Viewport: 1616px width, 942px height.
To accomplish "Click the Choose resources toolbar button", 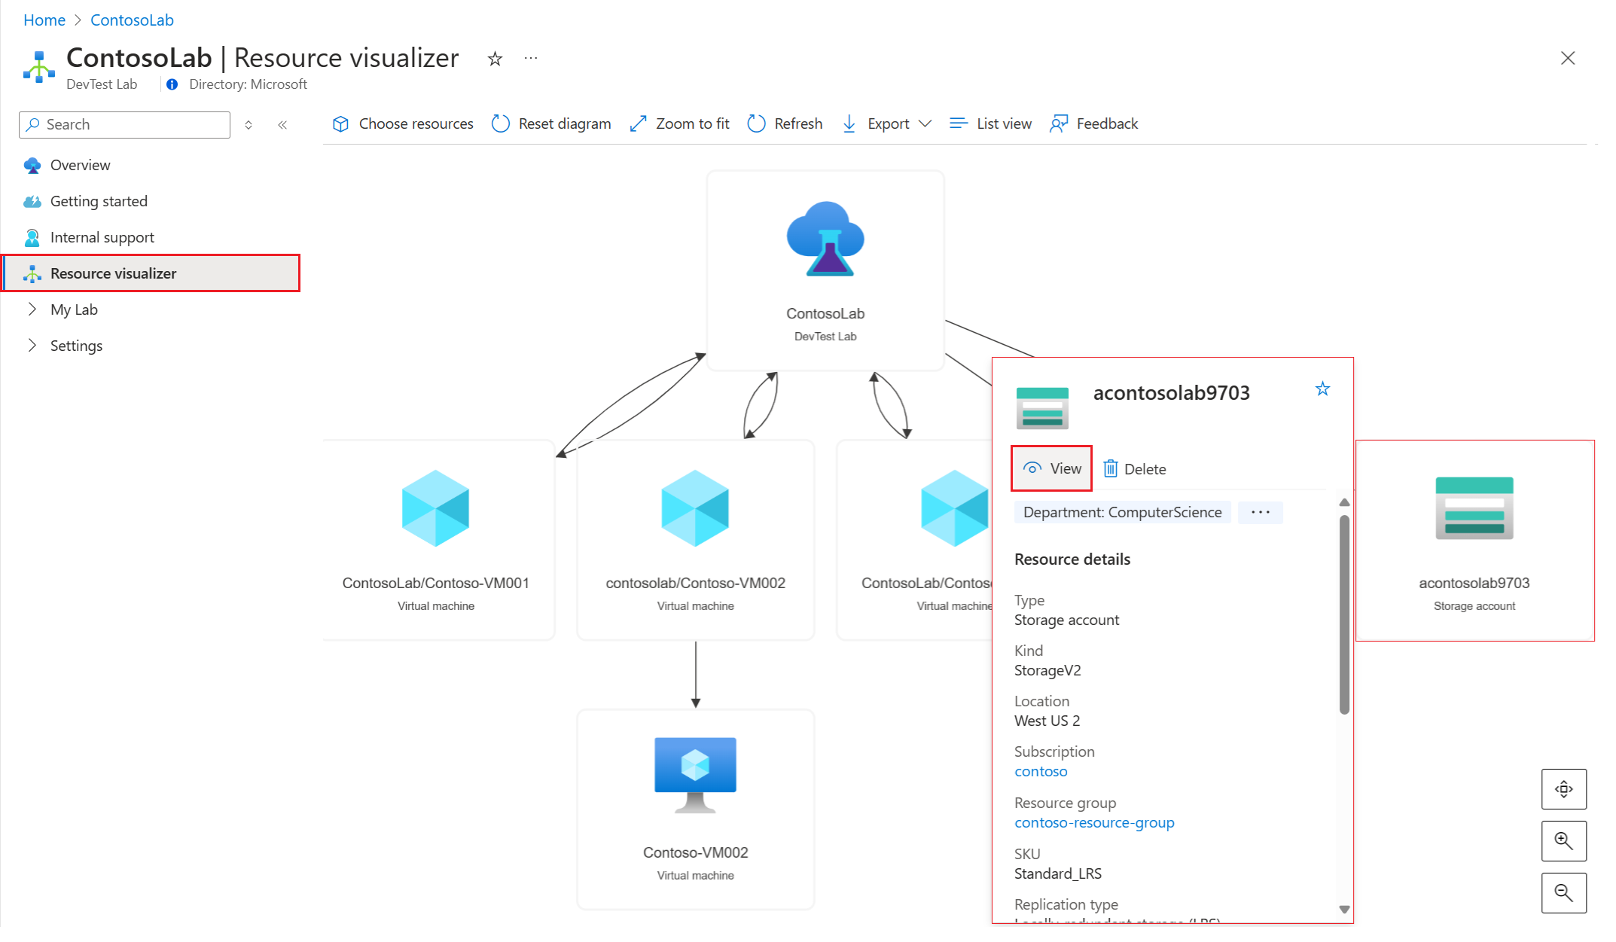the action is tap(403, 123).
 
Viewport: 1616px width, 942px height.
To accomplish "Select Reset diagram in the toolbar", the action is tap(550, 123).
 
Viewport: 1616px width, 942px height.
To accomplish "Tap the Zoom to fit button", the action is tap(679, 123).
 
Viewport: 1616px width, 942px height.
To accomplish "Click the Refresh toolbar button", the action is tap(785, 123).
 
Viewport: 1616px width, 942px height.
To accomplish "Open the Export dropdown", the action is tap(886, 123).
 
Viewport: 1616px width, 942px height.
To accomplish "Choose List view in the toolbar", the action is tap(990, 123).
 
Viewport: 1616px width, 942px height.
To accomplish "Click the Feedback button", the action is tap(1093, 123).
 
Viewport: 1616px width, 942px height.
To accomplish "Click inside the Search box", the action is tap(124, 124).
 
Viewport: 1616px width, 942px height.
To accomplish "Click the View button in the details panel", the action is tap(1052, 468).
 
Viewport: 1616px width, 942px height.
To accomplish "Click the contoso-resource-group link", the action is tap(1094, 822).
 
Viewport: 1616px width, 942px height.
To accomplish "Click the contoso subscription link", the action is tap(1041, 771).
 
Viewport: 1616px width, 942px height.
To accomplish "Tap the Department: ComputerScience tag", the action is tap(1122, 512).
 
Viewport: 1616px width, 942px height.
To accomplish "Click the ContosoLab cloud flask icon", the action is tap(825, 239).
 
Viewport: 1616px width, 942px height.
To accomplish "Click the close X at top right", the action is tap(1568, 58).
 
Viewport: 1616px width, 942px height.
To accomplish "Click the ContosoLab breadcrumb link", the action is tap(132, 20).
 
